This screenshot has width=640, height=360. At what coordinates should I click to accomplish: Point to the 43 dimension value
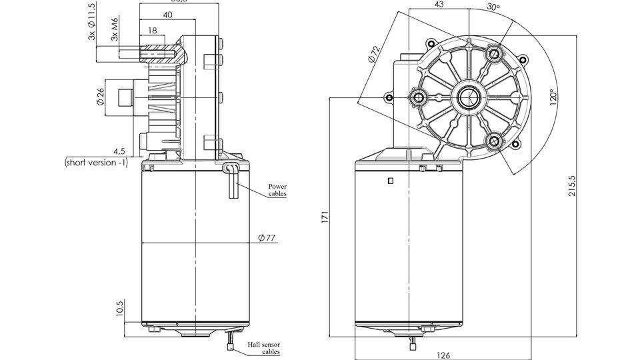(439, 5)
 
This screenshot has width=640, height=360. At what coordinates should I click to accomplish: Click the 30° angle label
(493, 7)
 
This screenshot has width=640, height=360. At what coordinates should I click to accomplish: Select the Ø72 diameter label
(374, 54)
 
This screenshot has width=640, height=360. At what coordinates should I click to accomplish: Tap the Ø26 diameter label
(101, 98)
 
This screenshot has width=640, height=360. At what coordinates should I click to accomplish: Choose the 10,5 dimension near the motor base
(121, 310)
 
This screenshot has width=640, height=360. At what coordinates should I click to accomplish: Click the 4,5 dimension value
(120, 151)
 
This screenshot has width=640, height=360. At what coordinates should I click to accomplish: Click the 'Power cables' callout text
(277, 190)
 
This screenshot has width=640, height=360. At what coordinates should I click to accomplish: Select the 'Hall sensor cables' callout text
(263, 347)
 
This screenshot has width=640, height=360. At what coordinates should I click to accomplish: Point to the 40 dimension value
(167, 15)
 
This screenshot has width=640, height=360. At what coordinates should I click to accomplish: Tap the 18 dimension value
(152, 30)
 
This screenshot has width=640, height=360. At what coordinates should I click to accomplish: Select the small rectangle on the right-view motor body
(390, 181)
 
